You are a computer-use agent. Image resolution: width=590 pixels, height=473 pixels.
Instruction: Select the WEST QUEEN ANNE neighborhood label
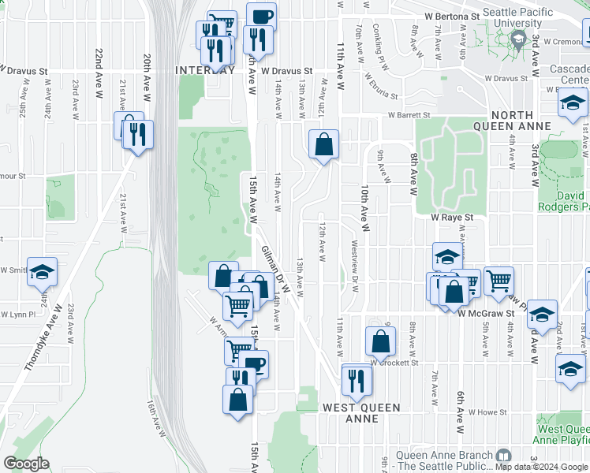tap(361, 413)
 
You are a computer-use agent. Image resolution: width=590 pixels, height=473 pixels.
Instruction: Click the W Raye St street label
tap(451, 217)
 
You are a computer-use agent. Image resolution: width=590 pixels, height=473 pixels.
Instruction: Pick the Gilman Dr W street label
tap(274, 270)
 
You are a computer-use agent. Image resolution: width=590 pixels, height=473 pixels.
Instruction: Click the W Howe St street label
tap(486, 412)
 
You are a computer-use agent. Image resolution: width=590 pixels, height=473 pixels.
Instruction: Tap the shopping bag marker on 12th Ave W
tap(323, 145)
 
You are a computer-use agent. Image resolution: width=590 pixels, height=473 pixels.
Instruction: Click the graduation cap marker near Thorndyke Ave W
tap(43, 272)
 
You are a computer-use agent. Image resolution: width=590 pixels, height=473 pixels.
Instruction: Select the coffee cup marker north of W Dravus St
tap(261, 16)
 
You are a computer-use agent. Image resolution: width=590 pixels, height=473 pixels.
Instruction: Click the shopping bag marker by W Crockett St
tap(380, 341)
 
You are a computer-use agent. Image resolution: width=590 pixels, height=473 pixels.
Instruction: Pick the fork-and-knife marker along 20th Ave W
tap(138, 134)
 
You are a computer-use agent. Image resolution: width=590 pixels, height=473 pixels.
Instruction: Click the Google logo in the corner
tap(26, 464)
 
